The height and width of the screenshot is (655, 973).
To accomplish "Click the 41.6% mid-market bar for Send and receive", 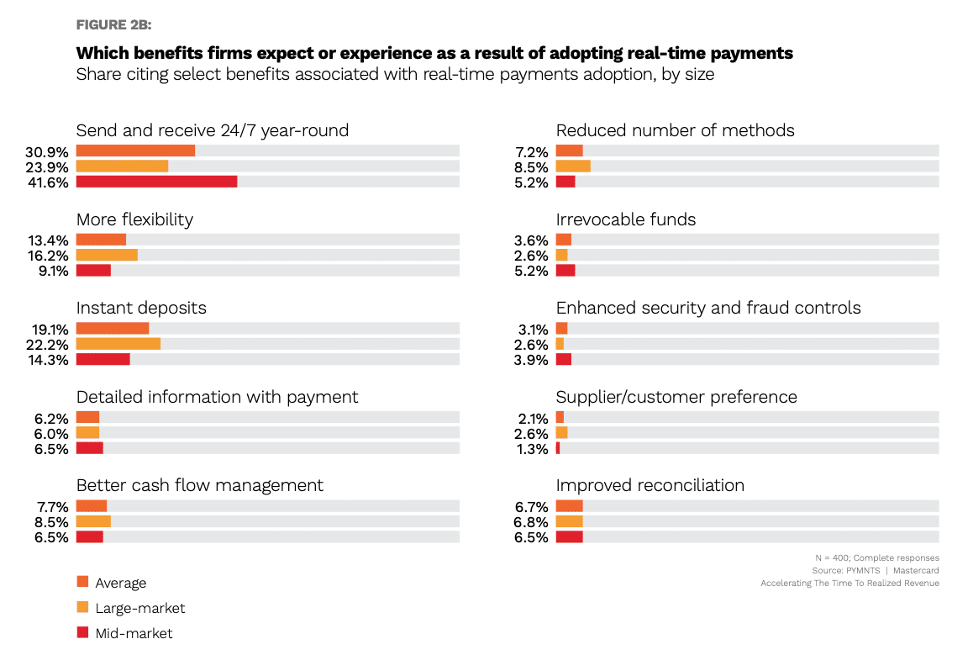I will [156, 182].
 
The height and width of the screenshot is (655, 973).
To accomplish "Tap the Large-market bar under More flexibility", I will [107, 255].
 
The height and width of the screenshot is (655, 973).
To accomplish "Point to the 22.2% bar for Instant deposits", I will [118, 344].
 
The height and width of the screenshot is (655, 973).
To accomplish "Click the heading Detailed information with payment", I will [217, 397].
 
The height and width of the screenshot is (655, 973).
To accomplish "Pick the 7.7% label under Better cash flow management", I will [51, 507].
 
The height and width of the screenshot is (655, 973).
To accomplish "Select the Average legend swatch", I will [82, 582].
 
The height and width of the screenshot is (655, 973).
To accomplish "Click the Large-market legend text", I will [140, 608].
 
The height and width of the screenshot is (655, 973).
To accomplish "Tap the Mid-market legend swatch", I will [82, 632].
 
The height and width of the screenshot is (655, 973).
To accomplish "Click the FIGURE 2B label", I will [113, 24].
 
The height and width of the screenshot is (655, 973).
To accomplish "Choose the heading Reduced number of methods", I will [675, 130].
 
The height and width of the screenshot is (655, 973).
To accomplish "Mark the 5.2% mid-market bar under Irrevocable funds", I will [565, 270].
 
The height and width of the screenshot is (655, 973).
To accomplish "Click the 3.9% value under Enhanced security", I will [531, 360].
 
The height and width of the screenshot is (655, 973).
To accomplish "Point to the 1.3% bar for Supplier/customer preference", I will [558, 448].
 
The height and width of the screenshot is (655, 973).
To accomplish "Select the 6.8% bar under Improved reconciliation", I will [569, 521].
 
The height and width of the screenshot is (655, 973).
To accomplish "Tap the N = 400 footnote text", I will [876, 557].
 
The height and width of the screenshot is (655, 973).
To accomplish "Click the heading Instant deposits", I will [141, 308].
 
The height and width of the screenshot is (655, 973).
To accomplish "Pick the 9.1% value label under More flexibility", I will [51, 271].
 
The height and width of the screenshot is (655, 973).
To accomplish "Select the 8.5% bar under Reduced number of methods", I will [573, 166].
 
